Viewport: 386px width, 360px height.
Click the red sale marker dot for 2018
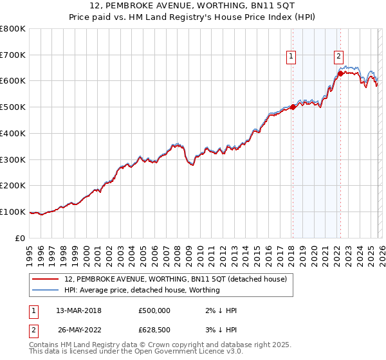tap(292, 107)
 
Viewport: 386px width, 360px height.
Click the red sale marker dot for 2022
tap(340, 74)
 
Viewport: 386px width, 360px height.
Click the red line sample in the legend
tap(46, 279)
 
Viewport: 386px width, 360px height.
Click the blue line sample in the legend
tap(46, 291)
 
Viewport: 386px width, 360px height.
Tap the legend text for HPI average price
tap(142, 291)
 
